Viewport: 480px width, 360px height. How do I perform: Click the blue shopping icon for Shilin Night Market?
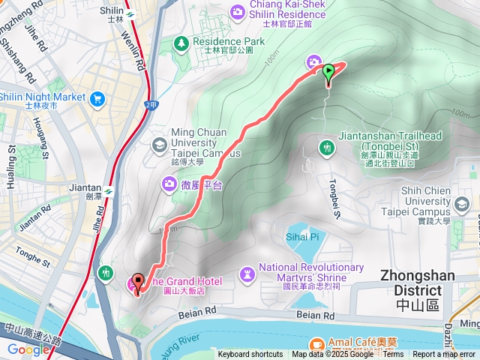click(97, 98)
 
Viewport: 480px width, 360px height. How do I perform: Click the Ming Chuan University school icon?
click(158, 143)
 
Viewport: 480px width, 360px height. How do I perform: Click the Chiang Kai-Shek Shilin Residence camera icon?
click(238, 10)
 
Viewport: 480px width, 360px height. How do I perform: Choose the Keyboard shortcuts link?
click(250, 355)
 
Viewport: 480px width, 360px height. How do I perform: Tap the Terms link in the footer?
click(393, 355)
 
